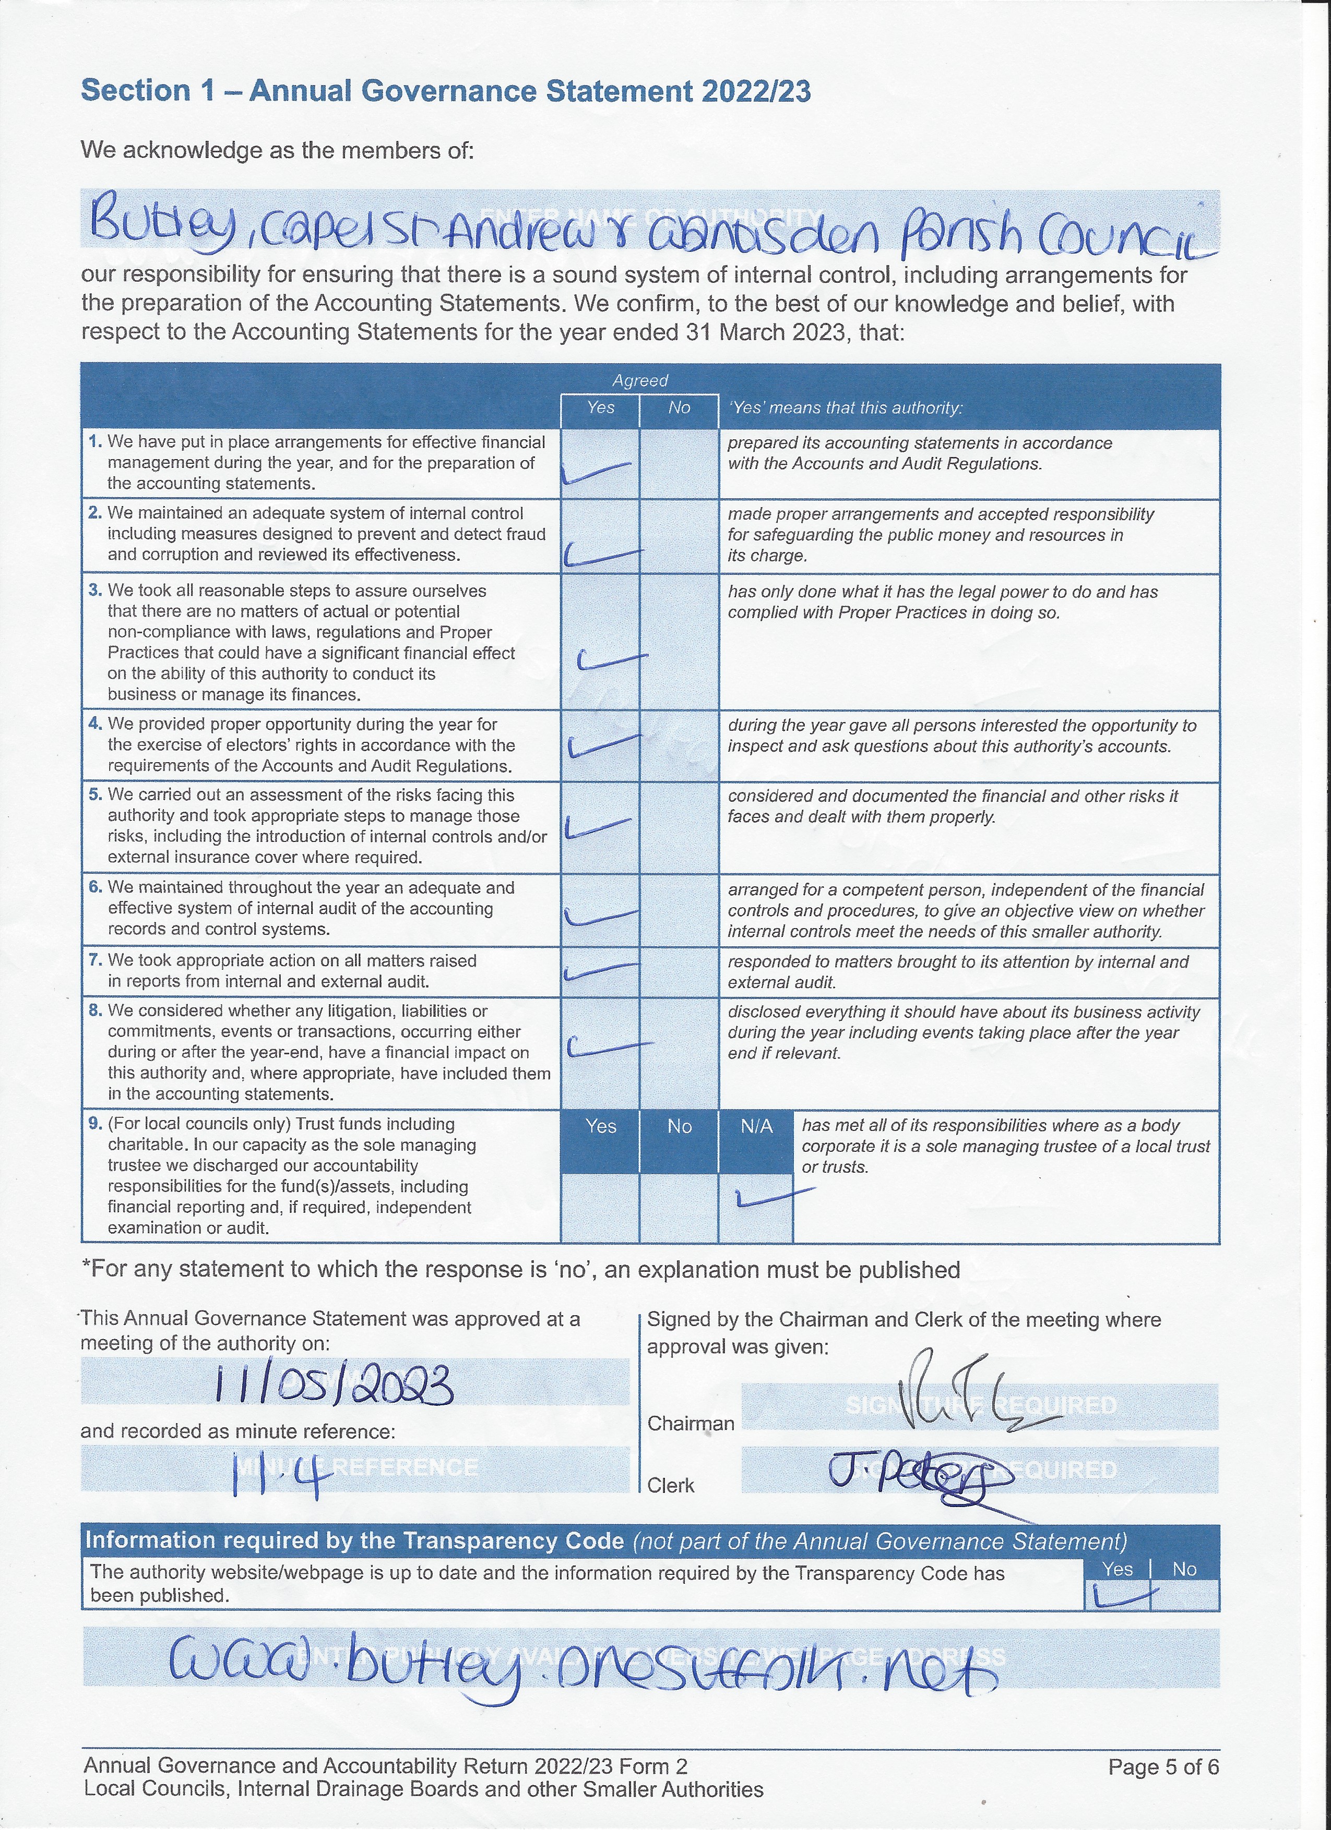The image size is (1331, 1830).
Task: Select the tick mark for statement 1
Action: (x=596, y=473)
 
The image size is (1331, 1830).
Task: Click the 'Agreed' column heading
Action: (x=640, y=380)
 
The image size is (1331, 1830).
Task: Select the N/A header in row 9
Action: (x=756, y=1126)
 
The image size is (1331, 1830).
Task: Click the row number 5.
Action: (x=95, y=795)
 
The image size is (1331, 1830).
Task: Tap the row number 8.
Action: (x=95, y=1010)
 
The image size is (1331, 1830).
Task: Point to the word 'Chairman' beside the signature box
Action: (x=690, y=1423)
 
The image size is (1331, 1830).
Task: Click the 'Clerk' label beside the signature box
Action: (x=671, y=1486)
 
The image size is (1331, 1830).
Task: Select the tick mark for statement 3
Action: (x=611, y=661)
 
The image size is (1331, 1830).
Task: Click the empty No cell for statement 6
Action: (x=679, y=911)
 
